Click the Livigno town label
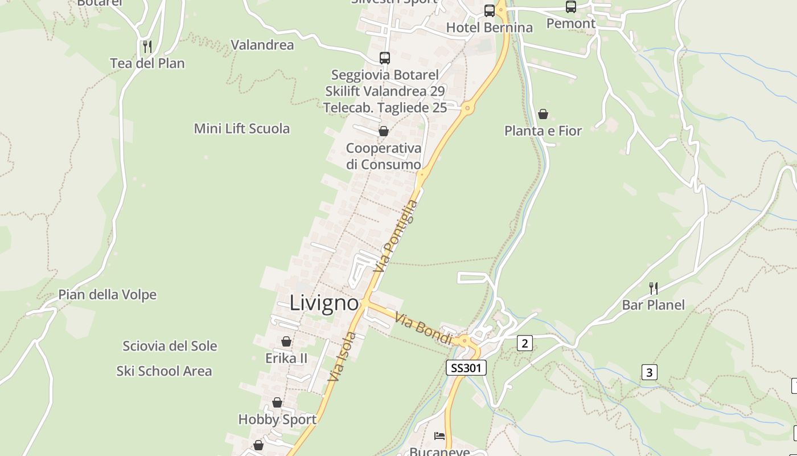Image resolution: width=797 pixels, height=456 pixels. click(x=324, y=303)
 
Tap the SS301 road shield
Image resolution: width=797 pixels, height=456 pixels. click(x=466, y=368)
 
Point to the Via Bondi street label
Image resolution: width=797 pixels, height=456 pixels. click(x=424, y=329)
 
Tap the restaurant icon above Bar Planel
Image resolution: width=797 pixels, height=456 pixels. click(x=653, y=288)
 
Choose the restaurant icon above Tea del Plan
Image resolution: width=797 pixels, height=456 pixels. click(x=147, y=46)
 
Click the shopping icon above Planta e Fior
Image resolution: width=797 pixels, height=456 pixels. click(x=543, y=114)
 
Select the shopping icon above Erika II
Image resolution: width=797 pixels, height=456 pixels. click(x=286, y=341)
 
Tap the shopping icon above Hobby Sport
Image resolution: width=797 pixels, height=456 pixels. click(x=277, y=402)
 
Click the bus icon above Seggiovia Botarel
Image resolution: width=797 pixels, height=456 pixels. click(x=385, y=58)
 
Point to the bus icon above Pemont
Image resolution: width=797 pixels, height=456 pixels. click(x=570, y=7)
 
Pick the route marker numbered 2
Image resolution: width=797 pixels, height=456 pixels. click(x=524, y=343)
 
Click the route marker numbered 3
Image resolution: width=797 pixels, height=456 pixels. click(x=649, y=372)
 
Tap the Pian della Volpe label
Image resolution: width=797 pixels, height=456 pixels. click(x=108, y=295)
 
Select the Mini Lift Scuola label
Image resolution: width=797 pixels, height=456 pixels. click(x=242, y=128)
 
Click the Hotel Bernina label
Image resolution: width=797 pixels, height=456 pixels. click(x=489, y=27)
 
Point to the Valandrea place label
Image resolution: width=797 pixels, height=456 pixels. click(x=262, y=45)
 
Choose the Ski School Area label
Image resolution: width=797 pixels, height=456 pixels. click(x=164, y=371)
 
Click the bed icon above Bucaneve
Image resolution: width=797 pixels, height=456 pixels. click(x=439, y=436)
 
